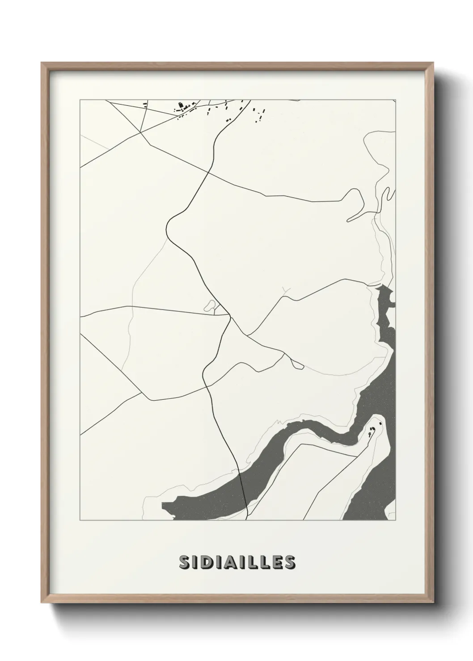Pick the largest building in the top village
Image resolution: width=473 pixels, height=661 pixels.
(x=181, y=107)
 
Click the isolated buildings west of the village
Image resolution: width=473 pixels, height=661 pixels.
(x=145, y=105)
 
